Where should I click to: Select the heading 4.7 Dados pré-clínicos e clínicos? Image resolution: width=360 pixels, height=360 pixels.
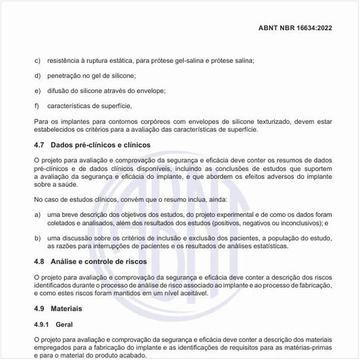point(92,145)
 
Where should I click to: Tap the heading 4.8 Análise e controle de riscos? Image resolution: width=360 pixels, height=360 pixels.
point(90,261)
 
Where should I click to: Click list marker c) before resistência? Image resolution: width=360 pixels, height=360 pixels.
point(37,61)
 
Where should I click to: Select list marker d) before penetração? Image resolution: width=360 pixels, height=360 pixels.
point(37,76)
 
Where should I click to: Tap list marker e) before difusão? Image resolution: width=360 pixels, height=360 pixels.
point(37,90)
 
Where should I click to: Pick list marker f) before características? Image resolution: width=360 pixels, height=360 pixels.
point(37,105)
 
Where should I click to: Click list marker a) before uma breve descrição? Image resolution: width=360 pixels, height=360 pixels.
point(37,215)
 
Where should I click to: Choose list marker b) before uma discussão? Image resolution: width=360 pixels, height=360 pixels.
point(37,238)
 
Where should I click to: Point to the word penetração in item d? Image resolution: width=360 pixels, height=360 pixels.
point(67,76)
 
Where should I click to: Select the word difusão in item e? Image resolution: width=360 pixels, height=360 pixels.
point(60,90)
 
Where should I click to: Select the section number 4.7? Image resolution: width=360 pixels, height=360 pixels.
point(39,145)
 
